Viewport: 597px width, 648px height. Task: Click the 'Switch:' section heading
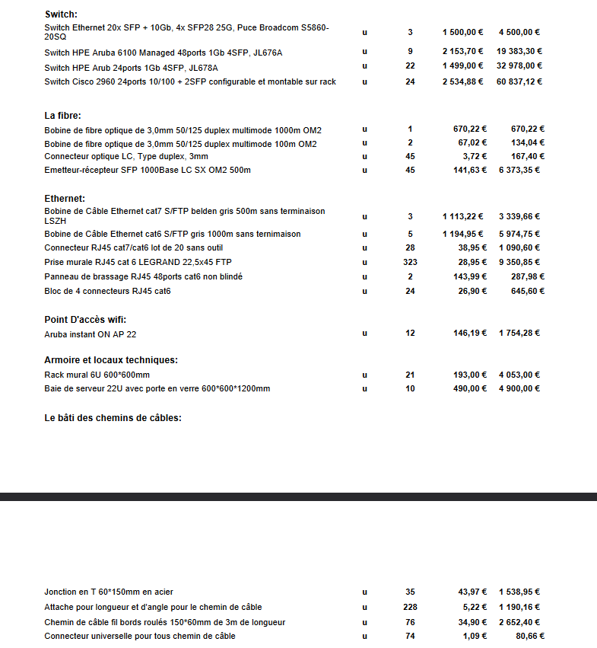pyautogui.click(x=62, y=14)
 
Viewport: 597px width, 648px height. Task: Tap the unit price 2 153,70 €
pyautogui.click(x=463, y=51)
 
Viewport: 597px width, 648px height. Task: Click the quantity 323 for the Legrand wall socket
pyautogui.click(x=410, y=262)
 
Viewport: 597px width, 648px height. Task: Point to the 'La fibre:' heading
pyautogui.click(x=63, y=116)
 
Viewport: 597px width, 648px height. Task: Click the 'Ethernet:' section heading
pyautogui.click(x=65, y=199)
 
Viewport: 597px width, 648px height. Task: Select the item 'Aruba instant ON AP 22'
pyautogui.click(x=91, y=334)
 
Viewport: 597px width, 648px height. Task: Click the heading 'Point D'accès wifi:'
pyautogui.click(x=85, y=319)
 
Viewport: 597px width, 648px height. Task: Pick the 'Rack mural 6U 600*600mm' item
pyautogui.click(x=97, y=375)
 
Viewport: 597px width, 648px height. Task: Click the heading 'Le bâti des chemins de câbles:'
pyautogui.click(x=113, y=417)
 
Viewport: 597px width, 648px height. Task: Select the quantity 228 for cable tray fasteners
pyautogui.click(x=410, y=607)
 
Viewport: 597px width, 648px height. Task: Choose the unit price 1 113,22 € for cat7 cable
pyautogui.click(x=463, y=216)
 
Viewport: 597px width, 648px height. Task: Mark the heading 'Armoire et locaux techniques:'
pyautogui.click(x=111, y=360)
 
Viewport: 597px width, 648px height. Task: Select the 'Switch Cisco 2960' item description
pyautogui.click(x=190, y=81)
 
